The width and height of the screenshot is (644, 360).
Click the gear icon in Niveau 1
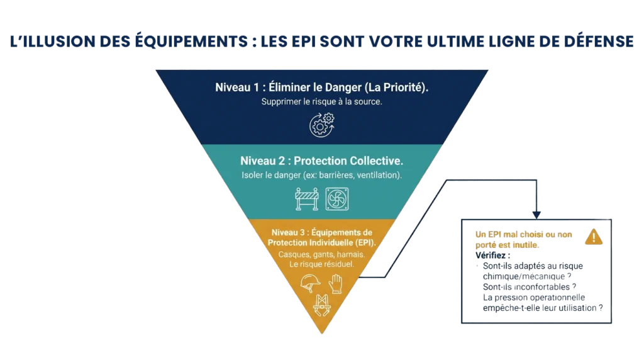point(321,124)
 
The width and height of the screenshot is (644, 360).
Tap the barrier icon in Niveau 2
point(308,198)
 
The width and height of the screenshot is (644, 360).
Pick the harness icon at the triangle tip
point(323,306)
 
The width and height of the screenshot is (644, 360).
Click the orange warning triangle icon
point(593,237)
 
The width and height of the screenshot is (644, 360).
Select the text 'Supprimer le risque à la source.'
point(321,101)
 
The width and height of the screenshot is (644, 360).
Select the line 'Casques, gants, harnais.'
point(321,255)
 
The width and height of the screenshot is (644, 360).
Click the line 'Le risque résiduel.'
point(321,264)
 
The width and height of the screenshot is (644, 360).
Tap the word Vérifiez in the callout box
point(492,256)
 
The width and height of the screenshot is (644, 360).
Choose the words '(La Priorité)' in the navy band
point(399,88)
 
